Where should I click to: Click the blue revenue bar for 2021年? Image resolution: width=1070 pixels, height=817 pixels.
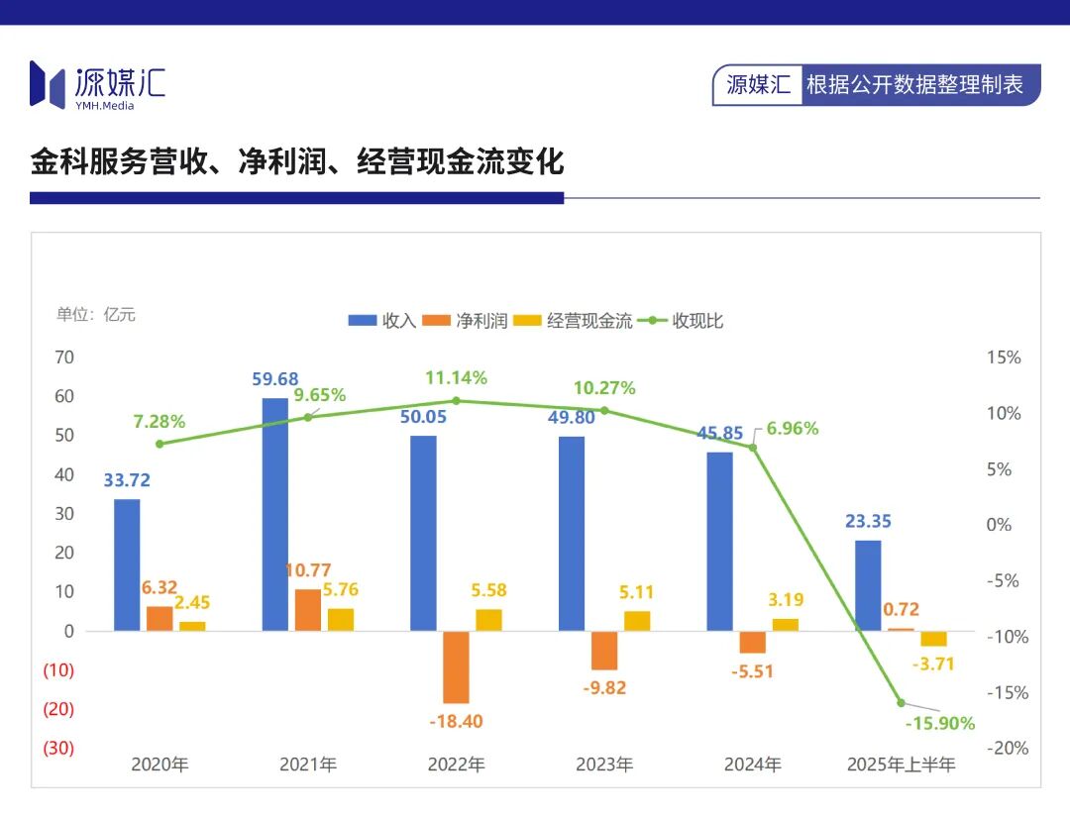pos(275,514)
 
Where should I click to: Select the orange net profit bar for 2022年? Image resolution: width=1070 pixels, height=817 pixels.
pos(456,666)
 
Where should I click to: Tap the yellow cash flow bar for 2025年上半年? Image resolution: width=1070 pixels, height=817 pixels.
pos(934,639)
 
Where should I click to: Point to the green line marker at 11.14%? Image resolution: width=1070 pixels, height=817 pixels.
pos(456,401)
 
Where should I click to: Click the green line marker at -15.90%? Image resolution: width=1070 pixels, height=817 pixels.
pos(902,702)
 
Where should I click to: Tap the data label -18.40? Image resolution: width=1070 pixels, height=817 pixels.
pos(456,721)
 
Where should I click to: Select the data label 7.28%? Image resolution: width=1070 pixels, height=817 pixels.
pos(159,422)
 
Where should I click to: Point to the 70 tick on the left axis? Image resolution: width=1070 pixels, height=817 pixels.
pos(64,357)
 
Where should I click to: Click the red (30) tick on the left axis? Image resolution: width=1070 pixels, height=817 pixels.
pos(57,748)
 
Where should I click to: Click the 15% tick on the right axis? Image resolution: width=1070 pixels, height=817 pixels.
pos(1004,357)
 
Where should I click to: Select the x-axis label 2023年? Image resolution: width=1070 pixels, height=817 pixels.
pos(604,765)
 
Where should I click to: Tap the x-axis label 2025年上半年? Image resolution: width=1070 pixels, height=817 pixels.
pos(901,765)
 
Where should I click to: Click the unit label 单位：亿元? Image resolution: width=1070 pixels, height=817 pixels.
pos(96,315)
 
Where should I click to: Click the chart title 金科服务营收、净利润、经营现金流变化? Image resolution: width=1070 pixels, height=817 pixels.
pos(297,161)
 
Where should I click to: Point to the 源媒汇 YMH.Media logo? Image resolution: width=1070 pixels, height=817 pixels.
pos(97,84)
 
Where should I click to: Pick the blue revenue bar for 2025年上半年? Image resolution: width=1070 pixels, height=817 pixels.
pos(868,585)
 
